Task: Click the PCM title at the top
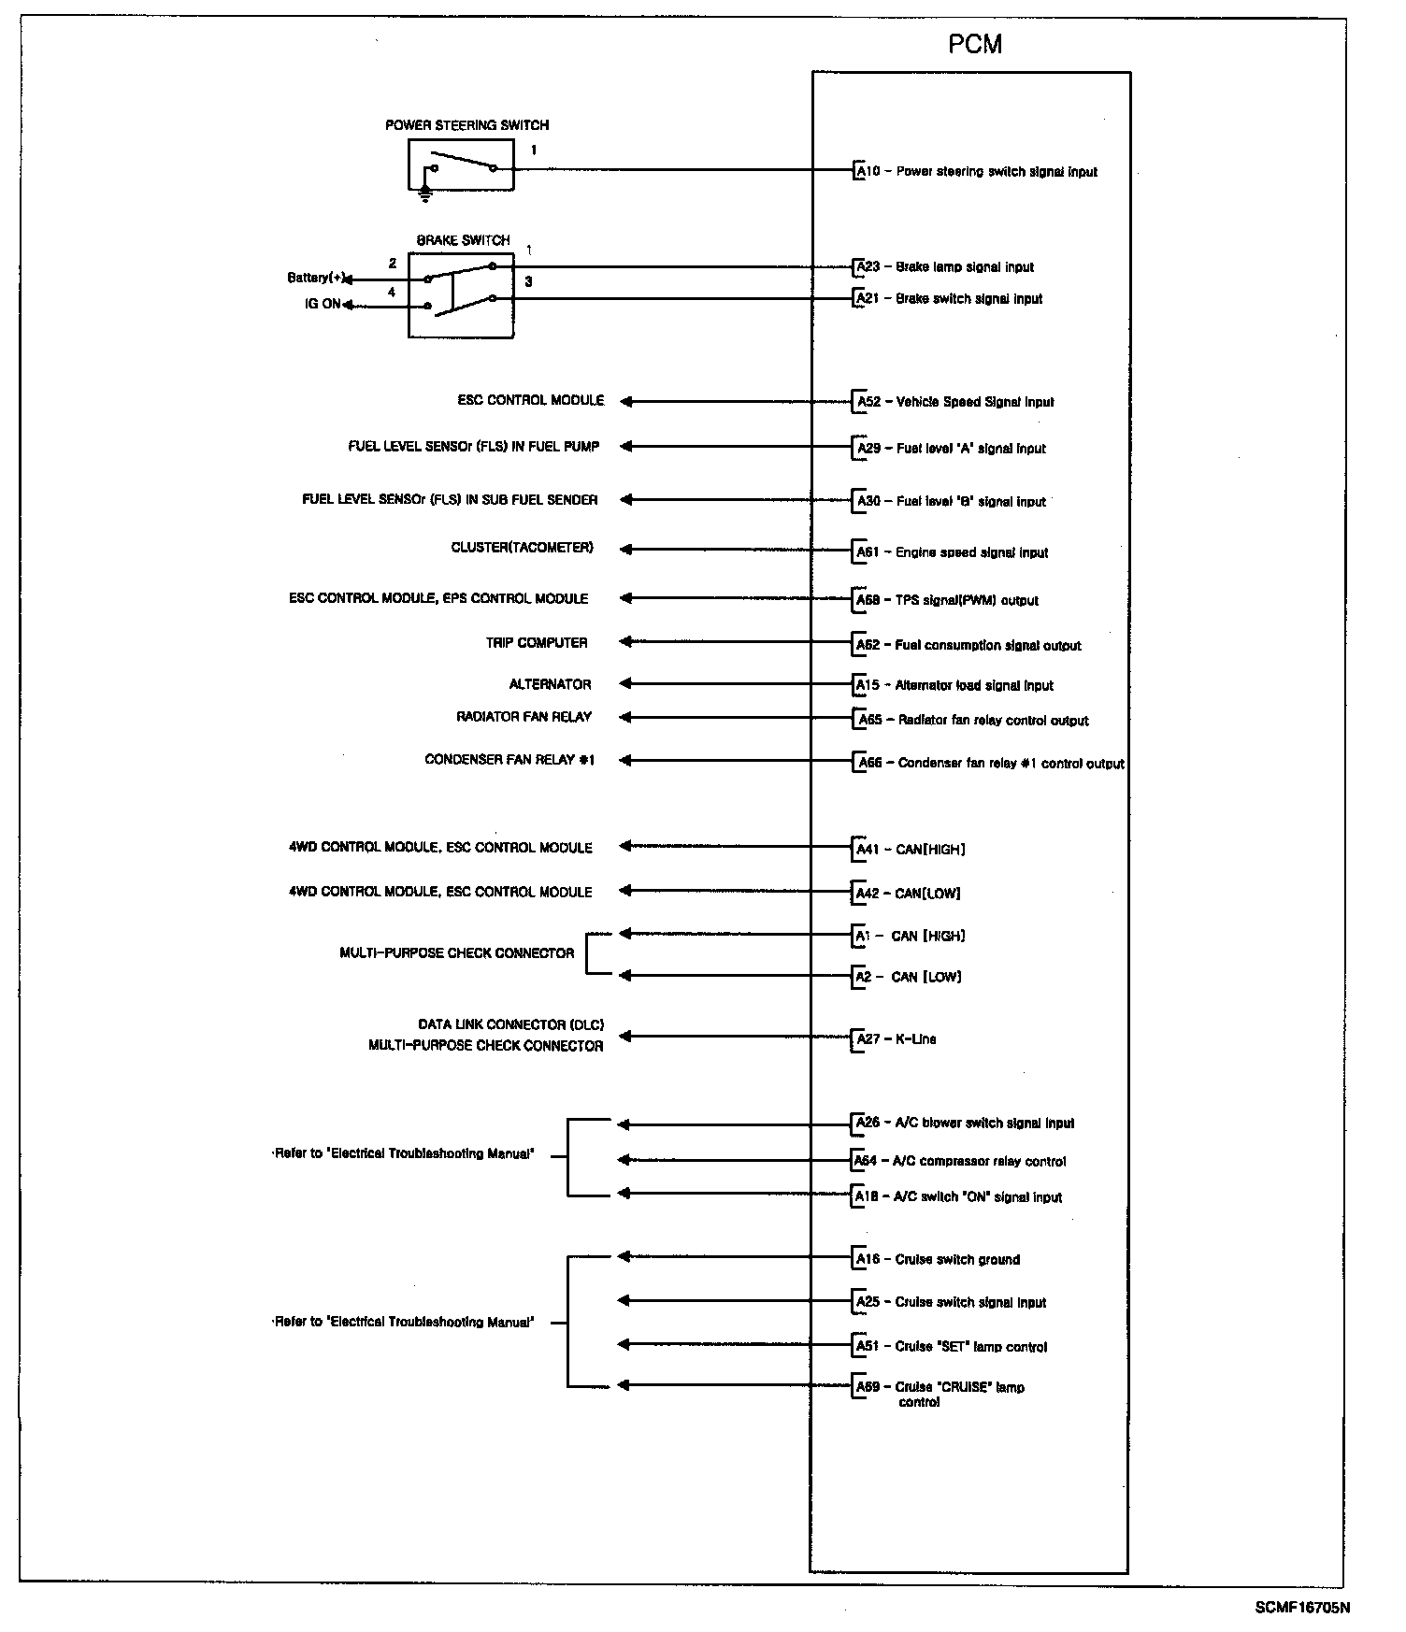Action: (974, 45)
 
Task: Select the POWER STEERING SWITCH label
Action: (466, 125)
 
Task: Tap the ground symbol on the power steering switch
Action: (425, 194)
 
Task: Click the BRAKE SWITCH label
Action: (463, 240)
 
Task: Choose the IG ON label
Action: (323, 304)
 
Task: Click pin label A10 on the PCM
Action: (868, 171)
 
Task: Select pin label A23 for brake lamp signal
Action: (868, 267)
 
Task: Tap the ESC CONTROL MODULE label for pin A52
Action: (530, 400)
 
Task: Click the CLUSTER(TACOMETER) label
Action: (522, 548)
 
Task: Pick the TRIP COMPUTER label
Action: (537, 643)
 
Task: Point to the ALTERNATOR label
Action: (550, 684)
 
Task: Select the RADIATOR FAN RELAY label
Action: (524, 717)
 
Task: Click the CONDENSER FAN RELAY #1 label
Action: (509, 760)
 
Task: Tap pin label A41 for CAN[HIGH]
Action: (868, 850)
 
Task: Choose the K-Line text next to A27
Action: (915, 1038)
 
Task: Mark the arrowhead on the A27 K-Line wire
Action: (625, 1036)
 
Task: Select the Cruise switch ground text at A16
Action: (957, 1259)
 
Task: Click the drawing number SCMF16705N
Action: (1302, 1608)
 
